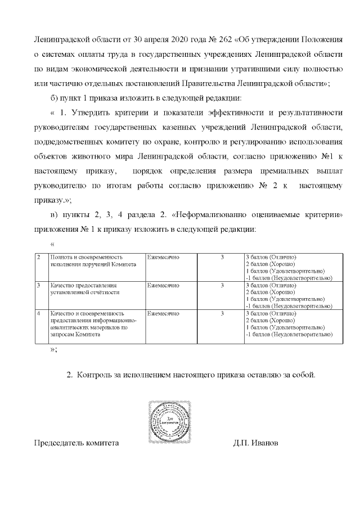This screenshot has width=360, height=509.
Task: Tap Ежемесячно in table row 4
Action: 163,313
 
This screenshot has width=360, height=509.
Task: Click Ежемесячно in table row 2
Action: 163,257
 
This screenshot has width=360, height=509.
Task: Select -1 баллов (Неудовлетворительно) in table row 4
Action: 289,335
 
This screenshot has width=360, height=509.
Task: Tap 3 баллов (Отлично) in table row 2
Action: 271,257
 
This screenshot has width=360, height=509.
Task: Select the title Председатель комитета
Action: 76,443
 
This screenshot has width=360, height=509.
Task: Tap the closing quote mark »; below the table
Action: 53,349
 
